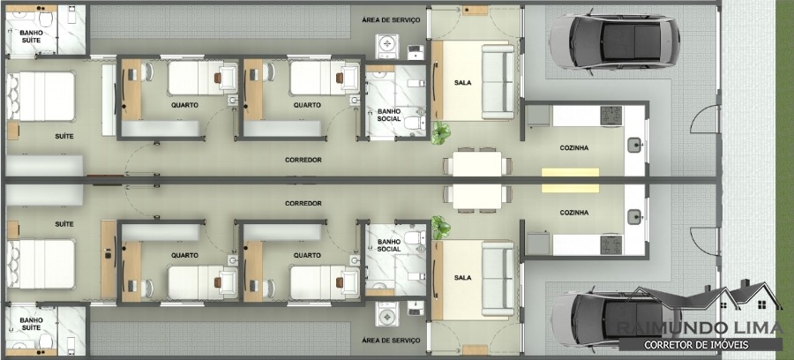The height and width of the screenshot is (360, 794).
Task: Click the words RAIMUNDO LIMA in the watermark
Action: (x=700, y=328)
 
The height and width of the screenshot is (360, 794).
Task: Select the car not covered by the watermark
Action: (x=614, y=41)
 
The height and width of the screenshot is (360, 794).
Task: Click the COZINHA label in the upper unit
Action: (x=573, y=148)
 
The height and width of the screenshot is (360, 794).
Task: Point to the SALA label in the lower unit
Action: (x=462, y=277)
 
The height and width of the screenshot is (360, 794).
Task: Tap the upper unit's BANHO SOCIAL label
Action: (x=389, y=115)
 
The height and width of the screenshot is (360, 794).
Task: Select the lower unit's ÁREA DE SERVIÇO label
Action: (x=391, y=341)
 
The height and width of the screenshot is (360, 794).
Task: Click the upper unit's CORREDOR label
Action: (x=303, y=160)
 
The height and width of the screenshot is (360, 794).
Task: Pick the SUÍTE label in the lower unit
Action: (x=64, y=224)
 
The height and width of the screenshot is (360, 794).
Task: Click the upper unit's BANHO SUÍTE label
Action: (x=31, y=36)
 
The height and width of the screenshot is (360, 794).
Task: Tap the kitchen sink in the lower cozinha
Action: (x=634, y=217)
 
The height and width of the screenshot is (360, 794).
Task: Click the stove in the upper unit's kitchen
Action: (x=611, y=116)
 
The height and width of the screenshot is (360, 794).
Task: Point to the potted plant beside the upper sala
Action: (x=440, y=133)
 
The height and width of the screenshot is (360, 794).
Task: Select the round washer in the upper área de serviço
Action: (x=387, y=47)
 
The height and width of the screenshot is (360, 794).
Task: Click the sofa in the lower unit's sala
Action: (x=498, y=279)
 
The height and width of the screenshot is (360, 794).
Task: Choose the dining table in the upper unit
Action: (x=477, y=163)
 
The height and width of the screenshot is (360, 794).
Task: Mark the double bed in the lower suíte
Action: (x=41, y=264)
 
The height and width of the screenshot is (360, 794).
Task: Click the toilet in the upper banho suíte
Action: (x=46, y=19)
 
